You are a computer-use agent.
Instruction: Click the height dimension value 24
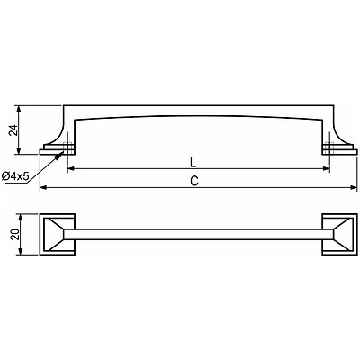tap(13, 130)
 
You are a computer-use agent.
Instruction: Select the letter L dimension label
tap(193, 162)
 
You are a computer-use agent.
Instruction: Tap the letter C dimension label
tap(194, 181)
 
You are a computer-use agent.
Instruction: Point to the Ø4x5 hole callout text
tap(15, 176)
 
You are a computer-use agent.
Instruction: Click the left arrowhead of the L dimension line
tap(71, 169)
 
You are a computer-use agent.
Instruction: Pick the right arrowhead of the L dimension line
tap(327, 169)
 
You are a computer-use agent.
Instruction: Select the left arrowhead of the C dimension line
tap(43, 188)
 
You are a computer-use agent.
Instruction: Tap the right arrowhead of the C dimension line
tap(354, 188)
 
